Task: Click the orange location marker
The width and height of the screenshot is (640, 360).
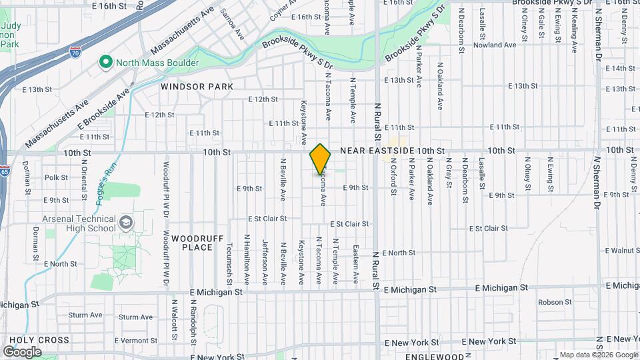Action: coord(320,159)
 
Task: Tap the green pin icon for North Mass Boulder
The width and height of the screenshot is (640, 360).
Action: coord(105,63)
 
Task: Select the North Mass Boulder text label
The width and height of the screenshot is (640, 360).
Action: coord(157,63)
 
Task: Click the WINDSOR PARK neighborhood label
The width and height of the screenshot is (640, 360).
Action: coord(197,87)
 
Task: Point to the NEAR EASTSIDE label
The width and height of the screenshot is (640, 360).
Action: coord(377,151)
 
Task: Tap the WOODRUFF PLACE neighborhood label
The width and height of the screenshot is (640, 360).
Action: coord(192,243)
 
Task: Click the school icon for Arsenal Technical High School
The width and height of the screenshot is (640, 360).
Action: coord(126,221)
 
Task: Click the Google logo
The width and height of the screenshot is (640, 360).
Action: coord(22,351)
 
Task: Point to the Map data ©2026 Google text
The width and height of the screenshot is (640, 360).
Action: coord(598,355)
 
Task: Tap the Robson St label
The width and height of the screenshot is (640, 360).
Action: coord(551,302)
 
